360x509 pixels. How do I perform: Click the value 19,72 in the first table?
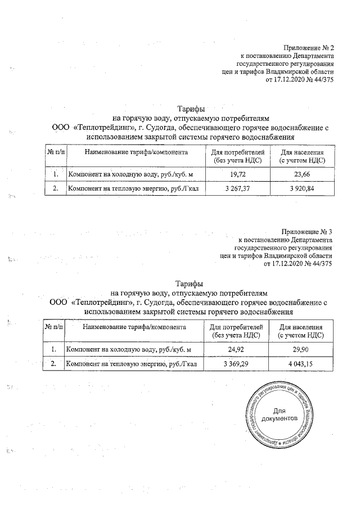point(239,174)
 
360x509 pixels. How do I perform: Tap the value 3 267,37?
point(239,188)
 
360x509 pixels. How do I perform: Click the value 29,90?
point(300,350)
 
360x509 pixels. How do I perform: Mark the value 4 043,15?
point(300,364)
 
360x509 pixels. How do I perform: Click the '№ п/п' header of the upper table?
point(55,152)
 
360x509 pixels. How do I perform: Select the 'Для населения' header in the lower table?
point(300,327)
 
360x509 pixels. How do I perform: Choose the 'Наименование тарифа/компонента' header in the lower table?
point(133,327)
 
